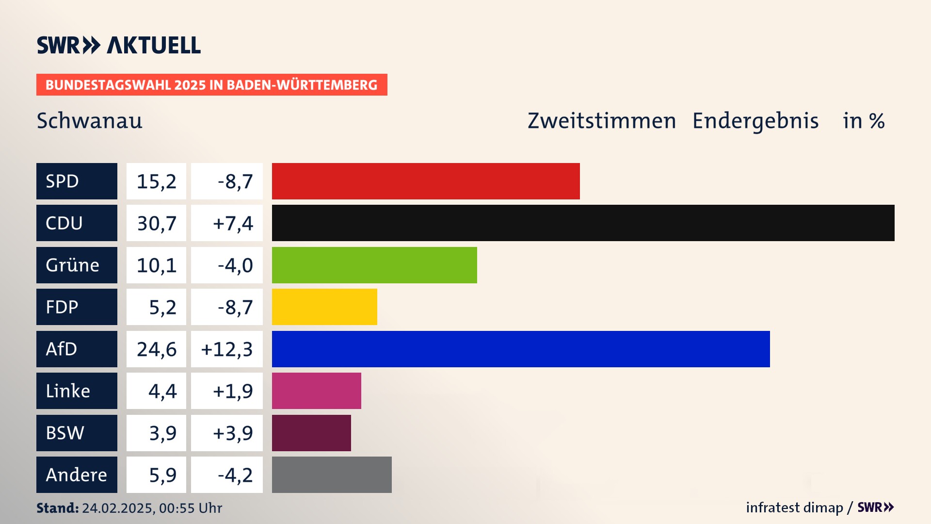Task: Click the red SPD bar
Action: point(426,181)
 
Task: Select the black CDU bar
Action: point(583,223)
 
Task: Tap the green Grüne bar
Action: point(374,265)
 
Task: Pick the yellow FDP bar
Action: point(324,307)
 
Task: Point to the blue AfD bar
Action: point(521,349)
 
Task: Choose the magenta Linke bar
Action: point(316,391)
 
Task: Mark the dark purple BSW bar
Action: point(311,433)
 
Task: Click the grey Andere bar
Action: point(332,475)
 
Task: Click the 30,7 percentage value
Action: point(156,223)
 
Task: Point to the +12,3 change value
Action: point(226,349)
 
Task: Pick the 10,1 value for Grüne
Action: point(156,265)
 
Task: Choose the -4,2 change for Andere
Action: point(235,475)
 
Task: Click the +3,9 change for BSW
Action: point(233,433)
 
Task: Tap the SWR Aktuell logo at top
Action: point(118,45)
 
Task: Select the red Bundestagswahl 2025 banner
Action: point(211,85)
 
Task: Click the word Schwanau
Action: point(90,121)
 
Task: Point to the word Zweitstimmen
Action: point(602,121)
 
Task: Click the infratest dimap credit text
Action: point(794,508)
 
